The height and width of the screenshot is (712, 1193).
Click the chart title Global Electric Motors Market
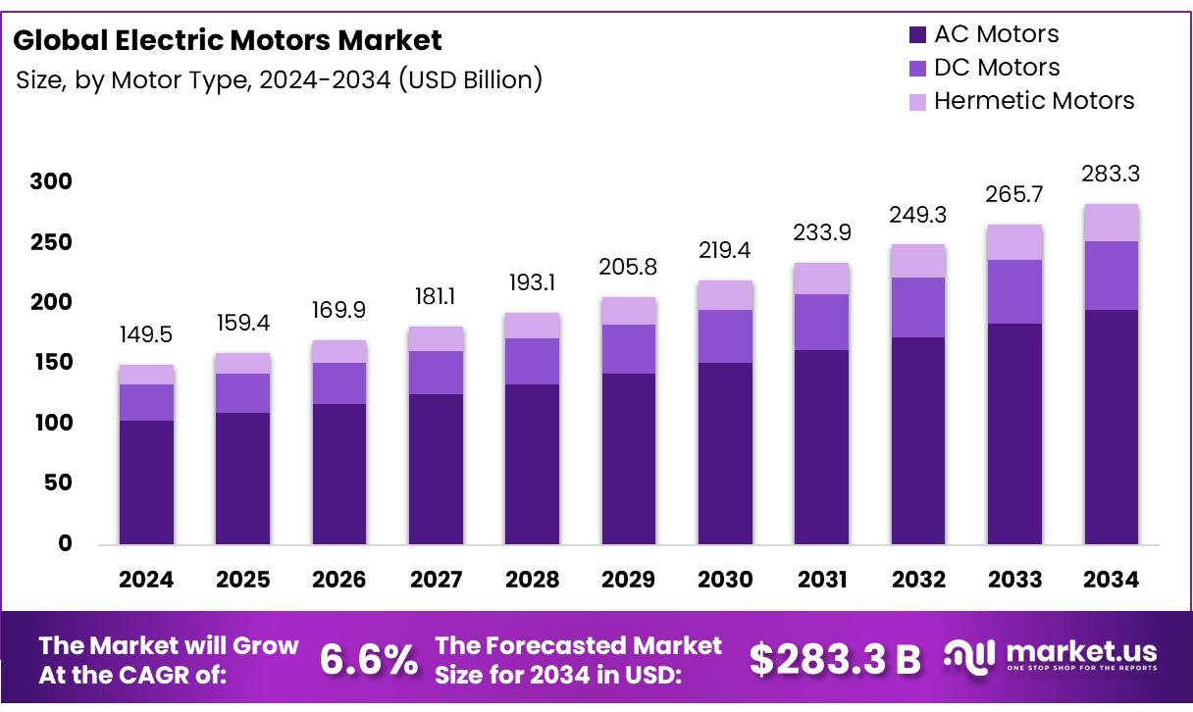tap(228, 40)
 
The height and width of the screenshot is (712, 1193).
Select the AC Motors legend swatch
tap(918, 35)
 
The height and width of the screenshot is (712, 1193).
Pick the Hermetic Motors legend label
tap(1033, 101)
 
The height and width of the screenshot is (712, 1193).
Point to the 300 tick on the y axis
tap(51, 181)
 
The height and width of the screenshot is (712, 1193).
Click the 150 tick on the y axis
tap(51, 363)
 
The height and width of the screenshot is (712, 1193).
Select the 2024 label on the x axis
tap(146, 580)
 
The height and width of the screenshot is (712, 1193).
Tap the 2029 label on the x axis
tap(628, 580)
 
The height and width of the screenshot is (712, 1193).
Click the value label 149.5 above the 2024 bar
tap(146, 335)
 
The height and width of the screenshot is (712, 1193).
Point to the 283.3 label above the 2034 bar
tap(1111, 175)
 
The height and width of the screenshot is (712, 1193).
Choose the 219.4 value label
tap(725, 251)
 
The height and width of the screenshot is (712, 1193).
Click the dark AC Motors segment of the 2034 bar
tap(1111, 427)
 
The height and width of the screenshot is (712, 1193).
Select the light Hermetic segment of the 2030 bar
tap(725, 295)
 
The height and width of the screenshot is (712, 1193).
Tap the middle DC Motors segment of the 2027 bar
tap(436, 373)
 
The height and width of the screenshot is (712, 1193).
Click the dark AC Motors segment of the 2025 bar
tap(242, 479)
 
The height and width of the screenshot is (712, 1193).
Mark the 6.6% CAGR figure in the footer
tap(368, 660)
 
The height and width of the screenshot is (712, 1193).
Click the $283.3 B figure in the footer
tap(835, 660)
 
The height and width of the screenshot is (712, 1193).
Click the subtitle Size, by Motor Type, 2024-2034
tap(280, 79)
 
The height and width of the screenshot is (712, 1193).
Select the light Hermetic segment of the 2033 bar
tap(1014, 242)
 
